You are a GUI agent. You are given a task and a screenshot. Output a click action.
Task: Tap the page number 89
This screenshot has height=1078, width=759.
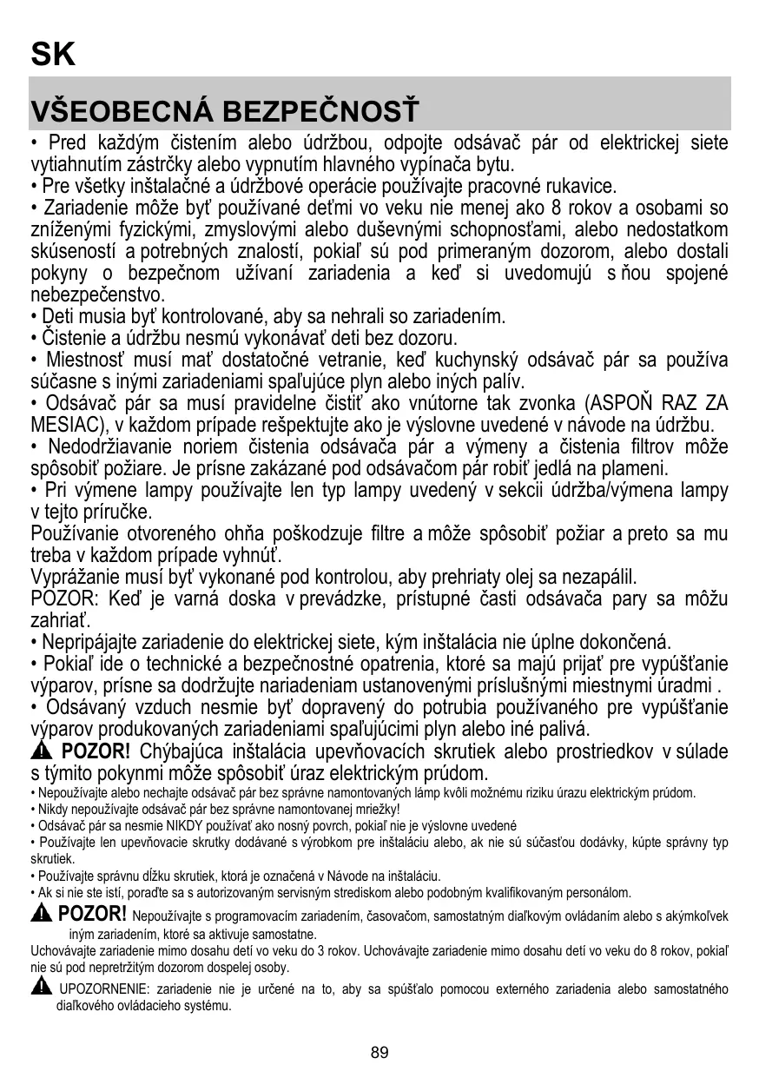(x=379, y=1053)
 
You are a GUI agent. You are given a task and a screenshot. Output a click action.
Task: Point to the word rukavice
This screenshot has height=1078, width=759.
(x=581, y=186)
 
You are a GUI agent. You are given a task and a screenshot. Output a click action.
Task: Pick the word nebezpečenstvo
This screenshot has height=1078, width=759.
(x=97, y=295)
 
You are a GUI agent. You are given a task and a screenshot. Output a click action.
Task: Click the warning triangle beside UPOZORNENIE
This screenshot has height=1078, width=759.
(x=40, y=986)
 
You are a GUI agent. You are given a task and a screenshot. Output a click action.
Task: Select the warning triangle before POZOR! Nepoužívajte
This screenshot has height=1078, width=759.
(x=41, y=913)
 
